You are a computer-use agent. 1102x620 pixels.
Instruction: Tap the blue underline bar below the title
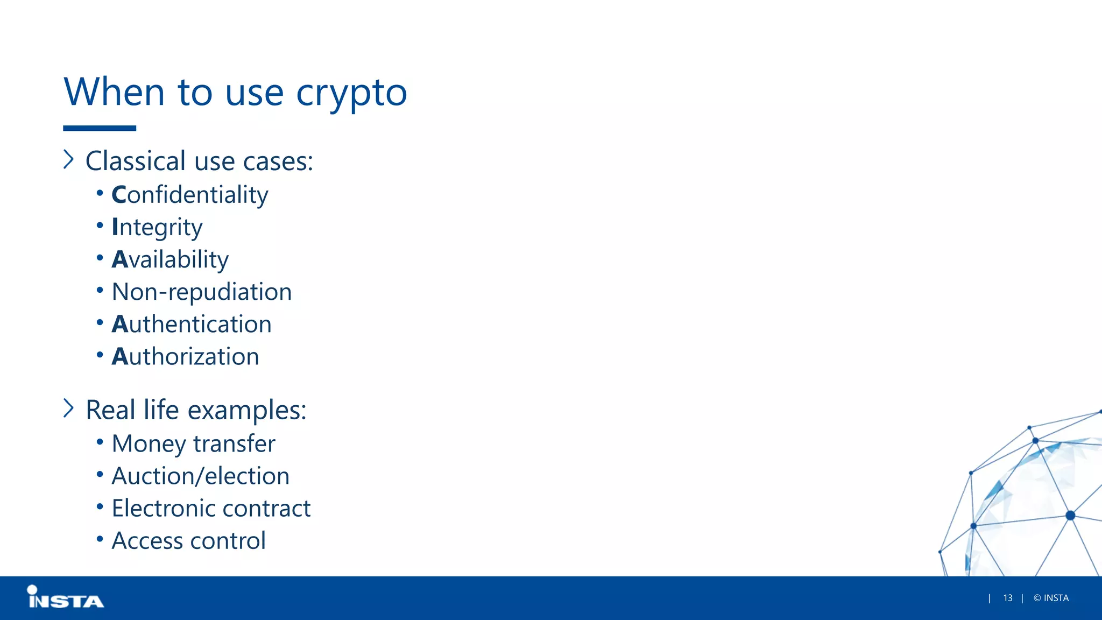[100, 128]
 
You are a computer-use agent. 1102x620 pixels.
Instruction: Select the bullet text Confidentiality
[189, 195]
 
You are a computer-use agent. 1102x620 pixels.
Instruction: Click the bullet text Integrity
[157, 227]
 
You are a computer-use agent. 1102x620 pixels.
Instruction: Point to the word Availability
[170, 259]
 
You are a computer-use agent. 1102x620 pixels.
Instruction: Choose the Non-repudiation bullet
[202, 292]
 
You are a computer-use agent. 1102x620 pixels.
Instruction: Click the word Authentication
[192, 324]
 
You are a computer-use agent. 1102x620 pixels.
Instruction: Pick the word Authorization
[185, 356]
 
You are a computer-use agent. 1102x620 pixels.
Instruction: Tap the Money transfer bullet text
[193, 443]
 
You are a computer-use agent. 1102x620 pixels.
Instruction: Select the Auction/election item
[200, 476]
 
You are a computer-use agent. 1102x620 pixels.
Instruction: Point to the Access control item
[188, 540]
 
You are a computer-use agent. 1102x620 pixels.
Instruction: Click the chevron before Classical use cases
[68, 159]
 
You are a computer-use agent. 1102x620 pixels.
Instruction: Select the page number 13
[1007, 598]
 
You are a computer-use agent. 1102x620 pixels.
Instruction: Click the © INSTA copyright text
[1051, 598]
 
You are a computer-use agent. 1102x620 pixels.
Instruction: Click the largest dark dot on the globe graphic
[1070, 515]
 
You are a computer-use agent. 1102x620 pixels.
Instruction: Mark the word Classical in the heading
[136, 161]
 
